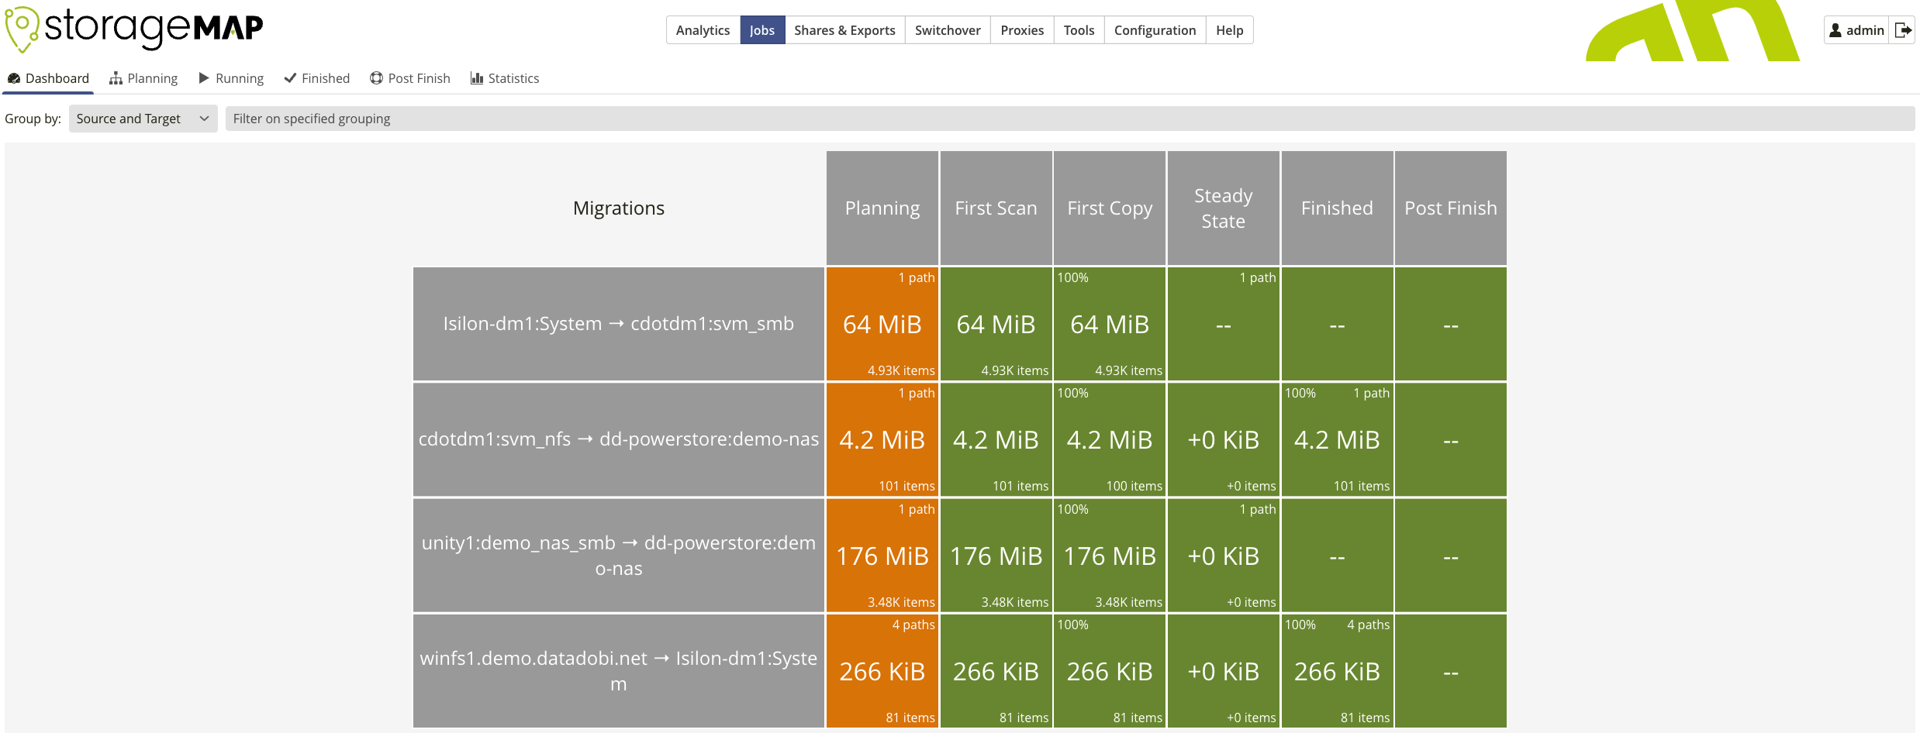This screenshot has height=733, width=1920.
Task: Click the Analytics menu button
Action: point(703,30)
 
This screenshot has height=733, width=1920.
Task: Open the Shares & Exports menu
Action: point(844,30)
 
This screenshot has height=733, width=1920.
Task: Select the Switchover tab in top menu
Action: point(947,30)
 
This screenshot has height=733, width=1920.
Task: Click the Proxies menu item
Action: point(1021,30)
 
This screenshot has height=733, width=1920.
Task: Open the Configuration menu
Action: point(1154,30)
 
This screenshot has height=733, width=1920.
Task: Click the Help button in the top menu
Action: point(1229,30)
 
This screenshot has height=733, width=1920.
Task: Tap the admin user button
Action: point(1856,30)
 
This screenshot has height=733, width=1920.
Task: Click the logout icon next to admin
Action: point(1902,30)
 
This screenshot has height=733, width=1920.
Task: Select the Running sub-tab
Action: point(231,78)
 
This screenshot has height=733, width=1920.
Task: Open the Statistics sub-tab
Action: point(505,78)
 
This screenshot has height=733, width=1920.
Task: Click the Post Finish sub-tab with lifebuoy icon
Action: point(410,78)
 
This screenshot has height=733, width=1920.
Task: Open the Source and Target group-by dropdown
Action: point(143,119)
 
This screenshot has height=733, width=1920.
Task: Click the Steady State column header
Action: point(1223,208)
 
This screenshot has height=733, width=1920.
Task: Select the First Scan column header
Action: point(996,208)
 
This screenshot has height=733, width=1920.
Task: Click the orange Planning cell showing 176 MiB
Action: point(882,556)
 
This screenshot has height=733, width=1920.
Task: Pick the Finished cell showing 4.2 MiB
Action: point(1337,439)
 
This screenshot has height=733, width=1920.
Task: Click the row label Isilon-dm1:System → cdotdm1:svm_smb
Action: point(618,324)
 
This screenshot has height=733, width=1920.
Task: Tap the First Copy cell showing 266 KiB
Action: point(1110,671)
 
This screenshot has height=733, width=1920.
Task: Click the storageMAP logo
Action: point(134,29)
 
